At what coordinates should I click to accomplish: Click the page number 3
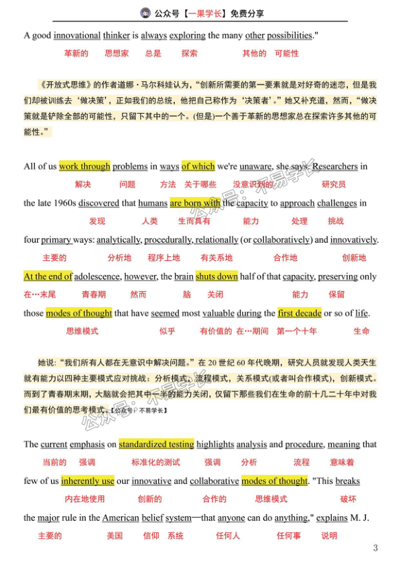375,548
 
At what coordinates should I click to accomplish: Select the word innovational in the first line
77,36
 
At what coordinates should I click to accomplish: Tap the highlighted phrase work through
84,167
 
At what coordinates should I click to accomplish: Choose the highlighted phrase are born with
194,203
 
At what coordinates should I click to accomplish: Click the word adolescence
97,276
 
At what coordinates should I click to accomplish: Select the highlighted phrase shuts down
217,276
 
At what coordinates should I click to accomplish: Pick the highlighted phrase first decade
299,313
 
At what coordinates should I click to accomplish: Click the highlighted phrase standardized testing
156,444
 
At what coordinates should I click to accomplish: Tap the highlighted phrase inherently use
87,481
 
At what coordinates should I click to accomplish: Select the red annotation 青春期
94,294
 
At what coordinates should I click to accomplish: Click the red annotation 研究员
334,184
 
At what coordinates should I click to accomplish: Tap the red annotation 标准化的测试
155,462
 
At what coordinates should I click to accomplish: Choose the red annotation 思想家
116,53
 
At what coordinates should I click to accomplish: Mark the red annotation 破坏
348,499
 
